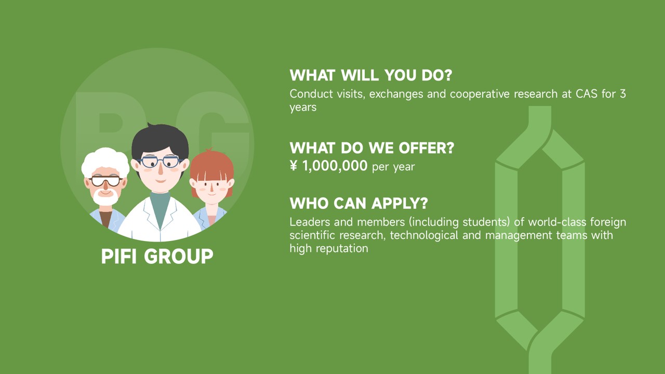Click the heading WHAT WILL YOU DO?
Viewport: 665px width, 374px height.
coord(371,75)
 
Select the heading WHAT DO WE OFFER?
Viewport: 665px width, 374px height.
coord(372,148)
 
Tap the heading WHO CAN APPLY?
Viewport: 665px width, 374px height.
coord(358,203)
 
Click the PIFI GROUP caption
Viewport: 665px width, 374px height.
coord(157,256)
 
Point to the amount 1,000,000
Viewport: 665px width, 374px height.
coord(335,166)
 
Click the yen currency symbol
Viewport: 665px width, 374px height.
coord(294,166)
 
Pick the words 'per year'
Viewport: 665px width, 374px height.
coord(393,167)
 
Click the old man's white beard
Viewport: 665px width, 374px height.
coord(105,198)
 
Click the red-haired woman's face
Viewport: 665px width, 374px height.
coord(211,190)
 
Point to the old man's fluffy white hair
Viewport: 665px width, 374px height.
coord(105,162)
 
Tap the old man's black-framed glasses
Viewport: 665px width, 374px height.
coord(105,181)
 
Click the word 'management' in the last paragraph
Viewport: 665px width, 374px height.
coord(518,236)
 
